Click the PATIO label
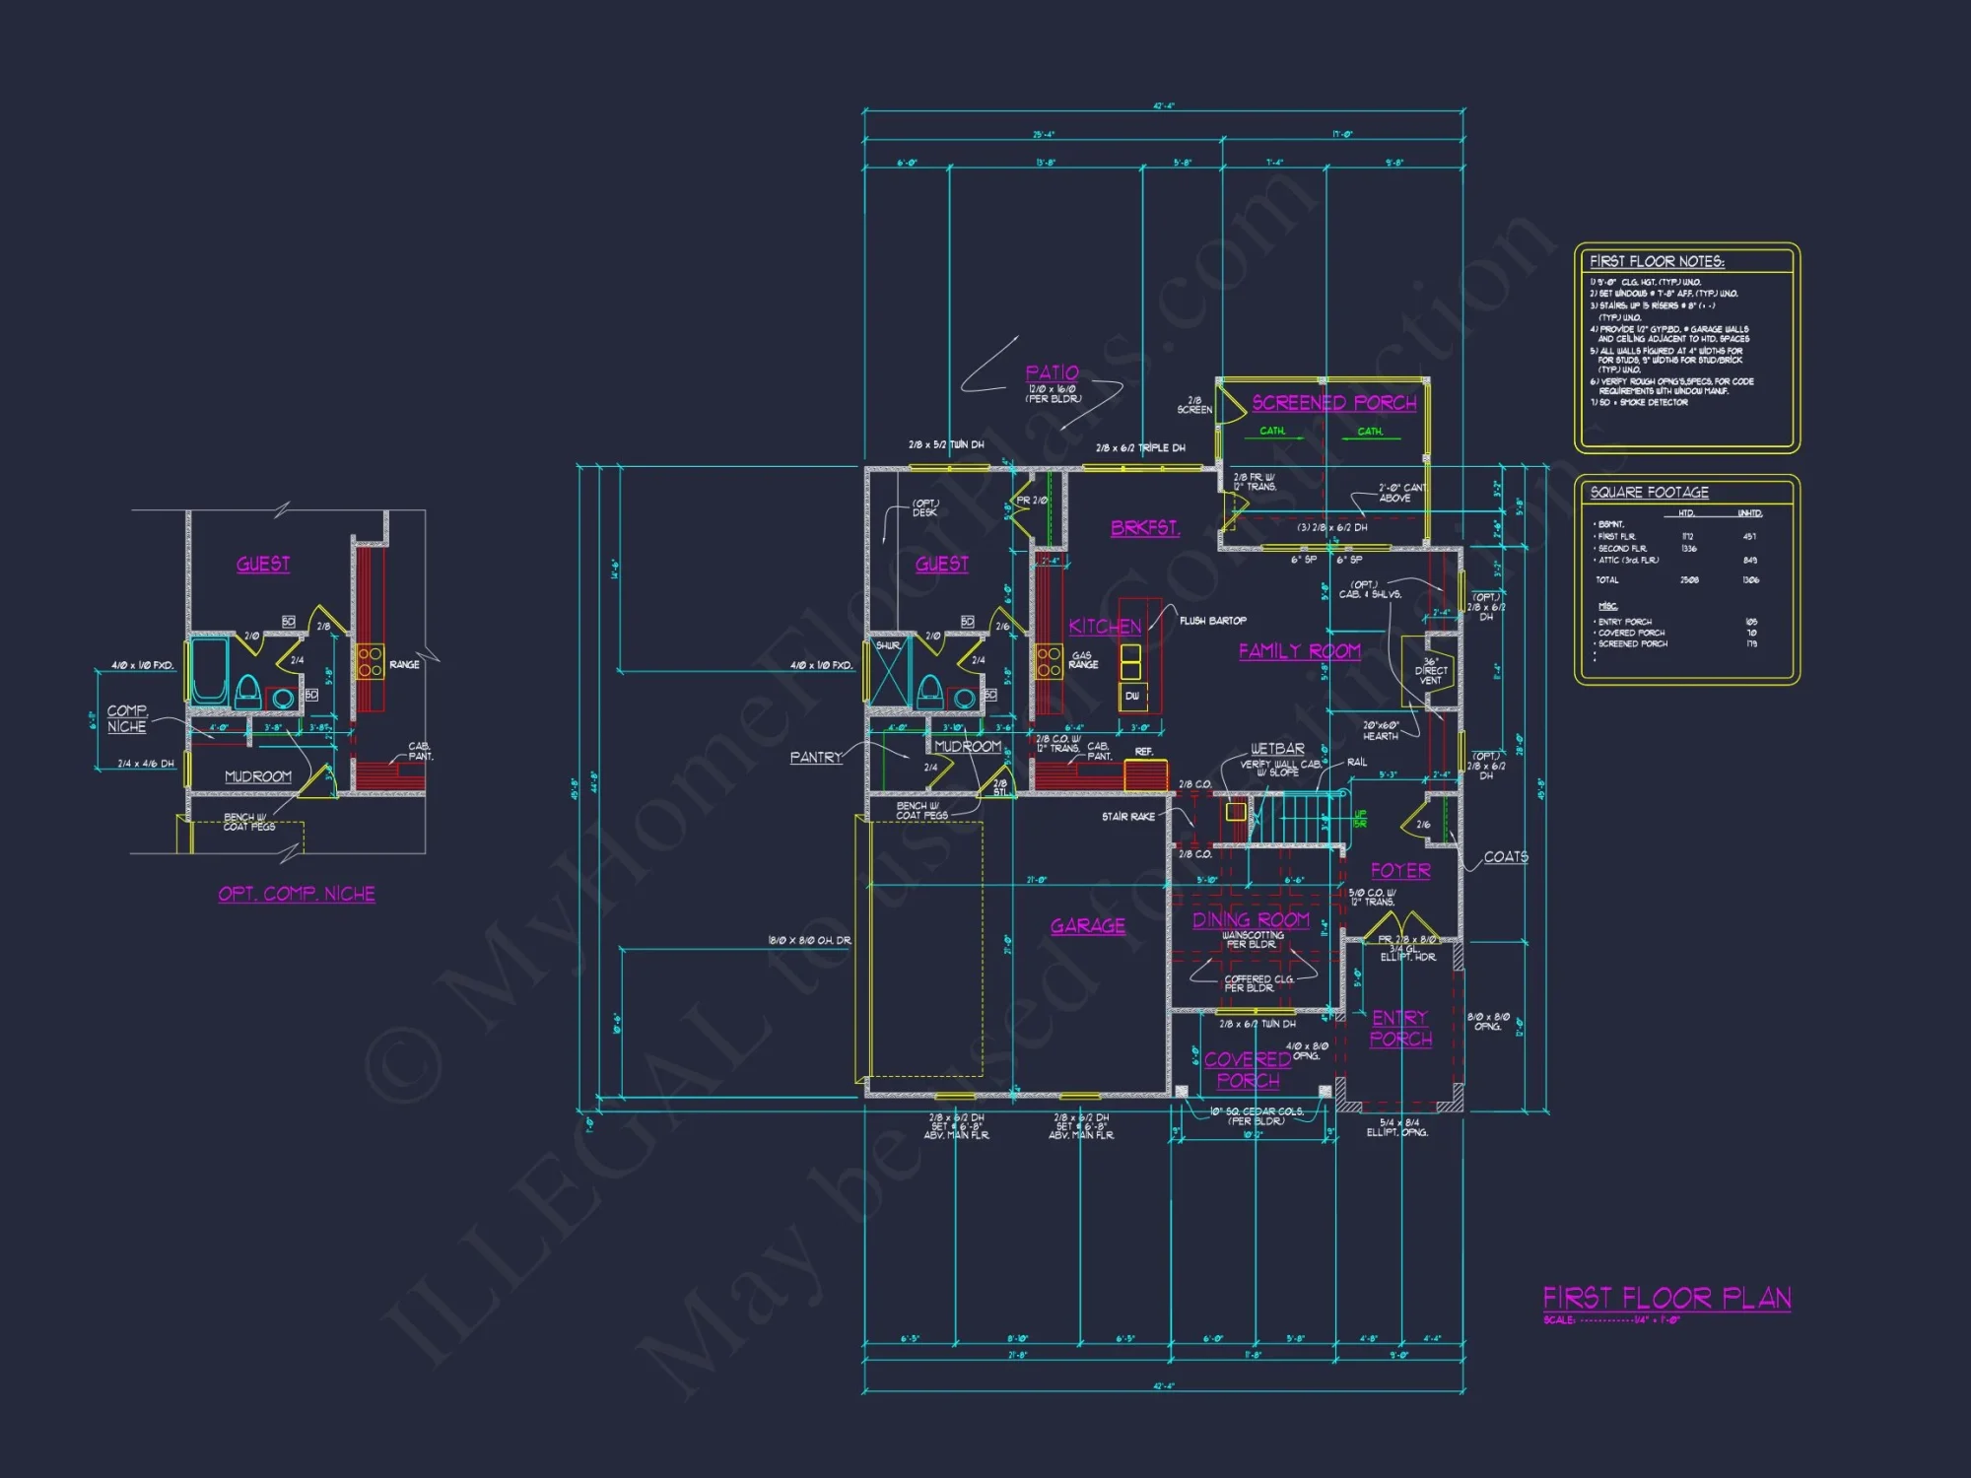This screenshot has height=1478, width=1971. click(1052, 373)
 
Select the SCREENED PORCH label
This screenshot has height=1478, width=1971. click(1333, 403)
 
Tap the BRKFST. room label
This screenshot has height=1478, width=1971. click(1144, 528)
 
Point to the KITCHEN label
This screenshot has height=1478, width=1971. click(1105, 627)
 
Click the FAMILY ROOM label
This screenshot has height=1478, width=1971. click(1299, 651)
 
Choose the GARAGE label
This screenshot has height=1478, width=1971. click(1087, 926)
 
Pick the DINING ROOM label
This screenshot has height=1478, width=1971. click(1251, 920)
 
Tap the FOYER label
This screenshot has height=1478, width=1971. click(1400, 871)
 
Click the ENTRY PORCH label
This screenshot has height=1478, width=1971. click(1400, 1029)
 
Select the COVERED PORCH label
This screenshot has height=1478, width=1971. click(1248, 1070)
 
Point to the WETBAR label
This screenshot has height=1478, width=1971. click(1277, 749)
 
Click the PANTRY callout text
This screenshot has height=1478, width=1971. click(816, 758)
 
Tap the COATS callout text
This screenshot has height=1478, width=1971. click(1506, 857)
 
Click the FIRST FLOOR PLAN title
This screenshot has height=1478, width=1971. click(1666, 1298)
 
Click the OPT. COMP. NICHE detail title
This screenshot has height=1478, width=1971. click(297, 894)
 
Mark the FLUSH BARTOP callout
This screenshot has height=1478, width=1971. click(1212, 621)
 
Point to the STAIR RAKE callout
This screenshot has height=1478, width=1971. click(1128, 817)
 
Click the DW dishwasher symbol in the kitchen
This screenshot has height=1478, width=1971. click(1132, 696)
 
